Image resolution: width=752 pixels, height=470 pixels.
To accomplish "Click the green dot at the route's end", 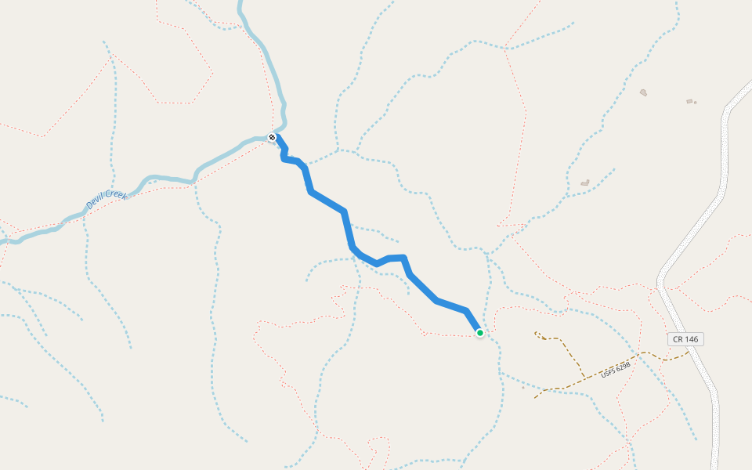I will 480,333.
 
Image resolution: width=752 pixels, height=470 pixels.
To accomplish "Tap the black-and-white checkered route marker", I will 272,138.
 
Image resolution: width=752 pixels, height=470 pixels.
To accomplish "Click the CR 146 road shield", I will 685,339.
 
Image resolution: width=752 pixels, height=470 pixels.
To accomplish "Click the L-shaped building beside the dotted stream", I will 584,183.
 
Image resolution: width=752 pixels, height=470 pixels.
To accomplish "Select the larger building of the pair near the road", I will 689,101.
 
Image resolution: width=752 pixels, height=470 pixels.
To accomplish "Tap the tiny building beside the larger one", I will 695,103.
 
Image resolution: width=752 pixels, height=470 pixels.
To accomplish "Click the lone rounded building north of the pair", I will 643,92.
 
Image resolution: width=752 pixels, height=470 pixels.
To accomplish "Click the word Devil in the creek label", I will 95,204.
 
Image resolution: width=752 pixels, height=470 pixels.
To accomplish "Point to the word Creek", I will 115,193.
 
